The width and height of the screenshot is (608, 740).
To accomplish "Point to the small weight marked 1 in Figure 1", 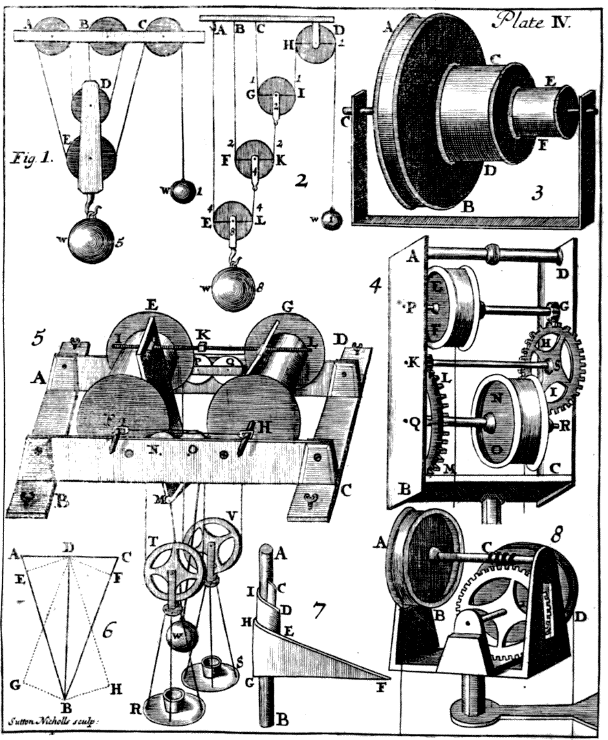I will tap(183, 190).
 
